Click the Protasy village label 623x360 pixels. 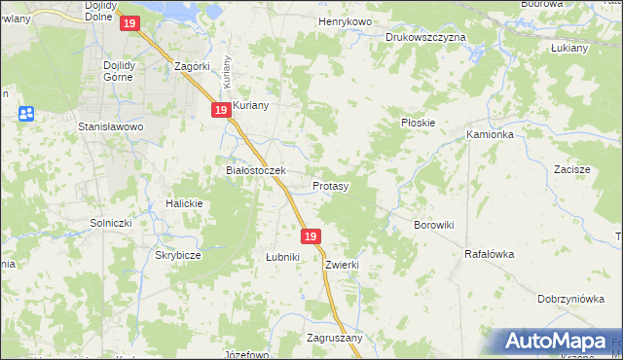[331, 185]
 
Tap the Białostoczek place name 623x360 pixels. [255, 170]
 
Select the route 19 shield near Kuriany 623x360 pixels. [221, 112]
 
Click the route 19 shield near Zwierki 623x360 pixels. [311, 236]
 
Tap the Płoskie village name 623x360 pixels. [418, 124]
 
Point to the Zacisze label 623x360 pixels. [572, 168]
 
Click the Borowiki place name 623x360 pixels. [434, 225]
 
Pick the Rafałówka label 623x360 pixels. [489, 253]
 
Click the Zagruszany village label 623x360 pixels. [334, 338]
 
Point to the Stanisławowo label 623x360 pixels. [111, 126]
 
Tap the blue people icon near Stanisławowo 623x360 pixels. [26, 114]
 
